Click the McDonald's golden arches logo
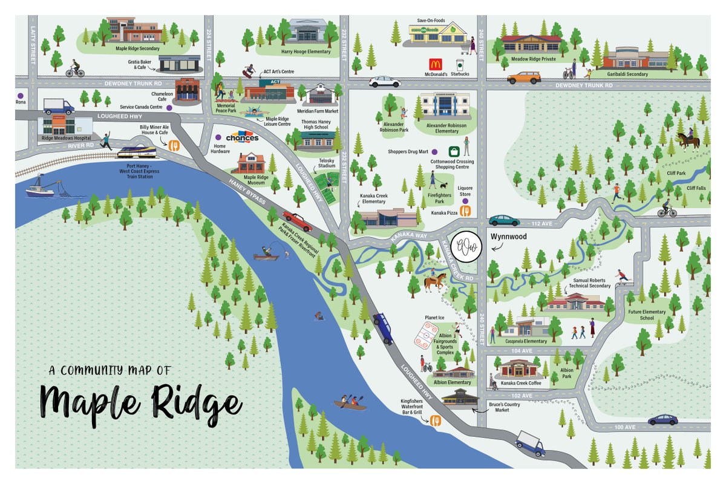[434, 64]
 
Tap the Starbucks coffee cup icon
[459, 64]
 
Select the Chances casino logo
[242, 137]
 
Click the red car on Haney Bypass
[297, 221]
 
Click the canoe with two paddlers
[350, 404]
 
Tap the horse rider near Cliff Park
[688, 140]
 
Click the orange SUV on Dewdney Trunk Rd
[524, 77]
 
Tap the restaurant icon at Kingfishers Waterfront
[434, 421]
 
